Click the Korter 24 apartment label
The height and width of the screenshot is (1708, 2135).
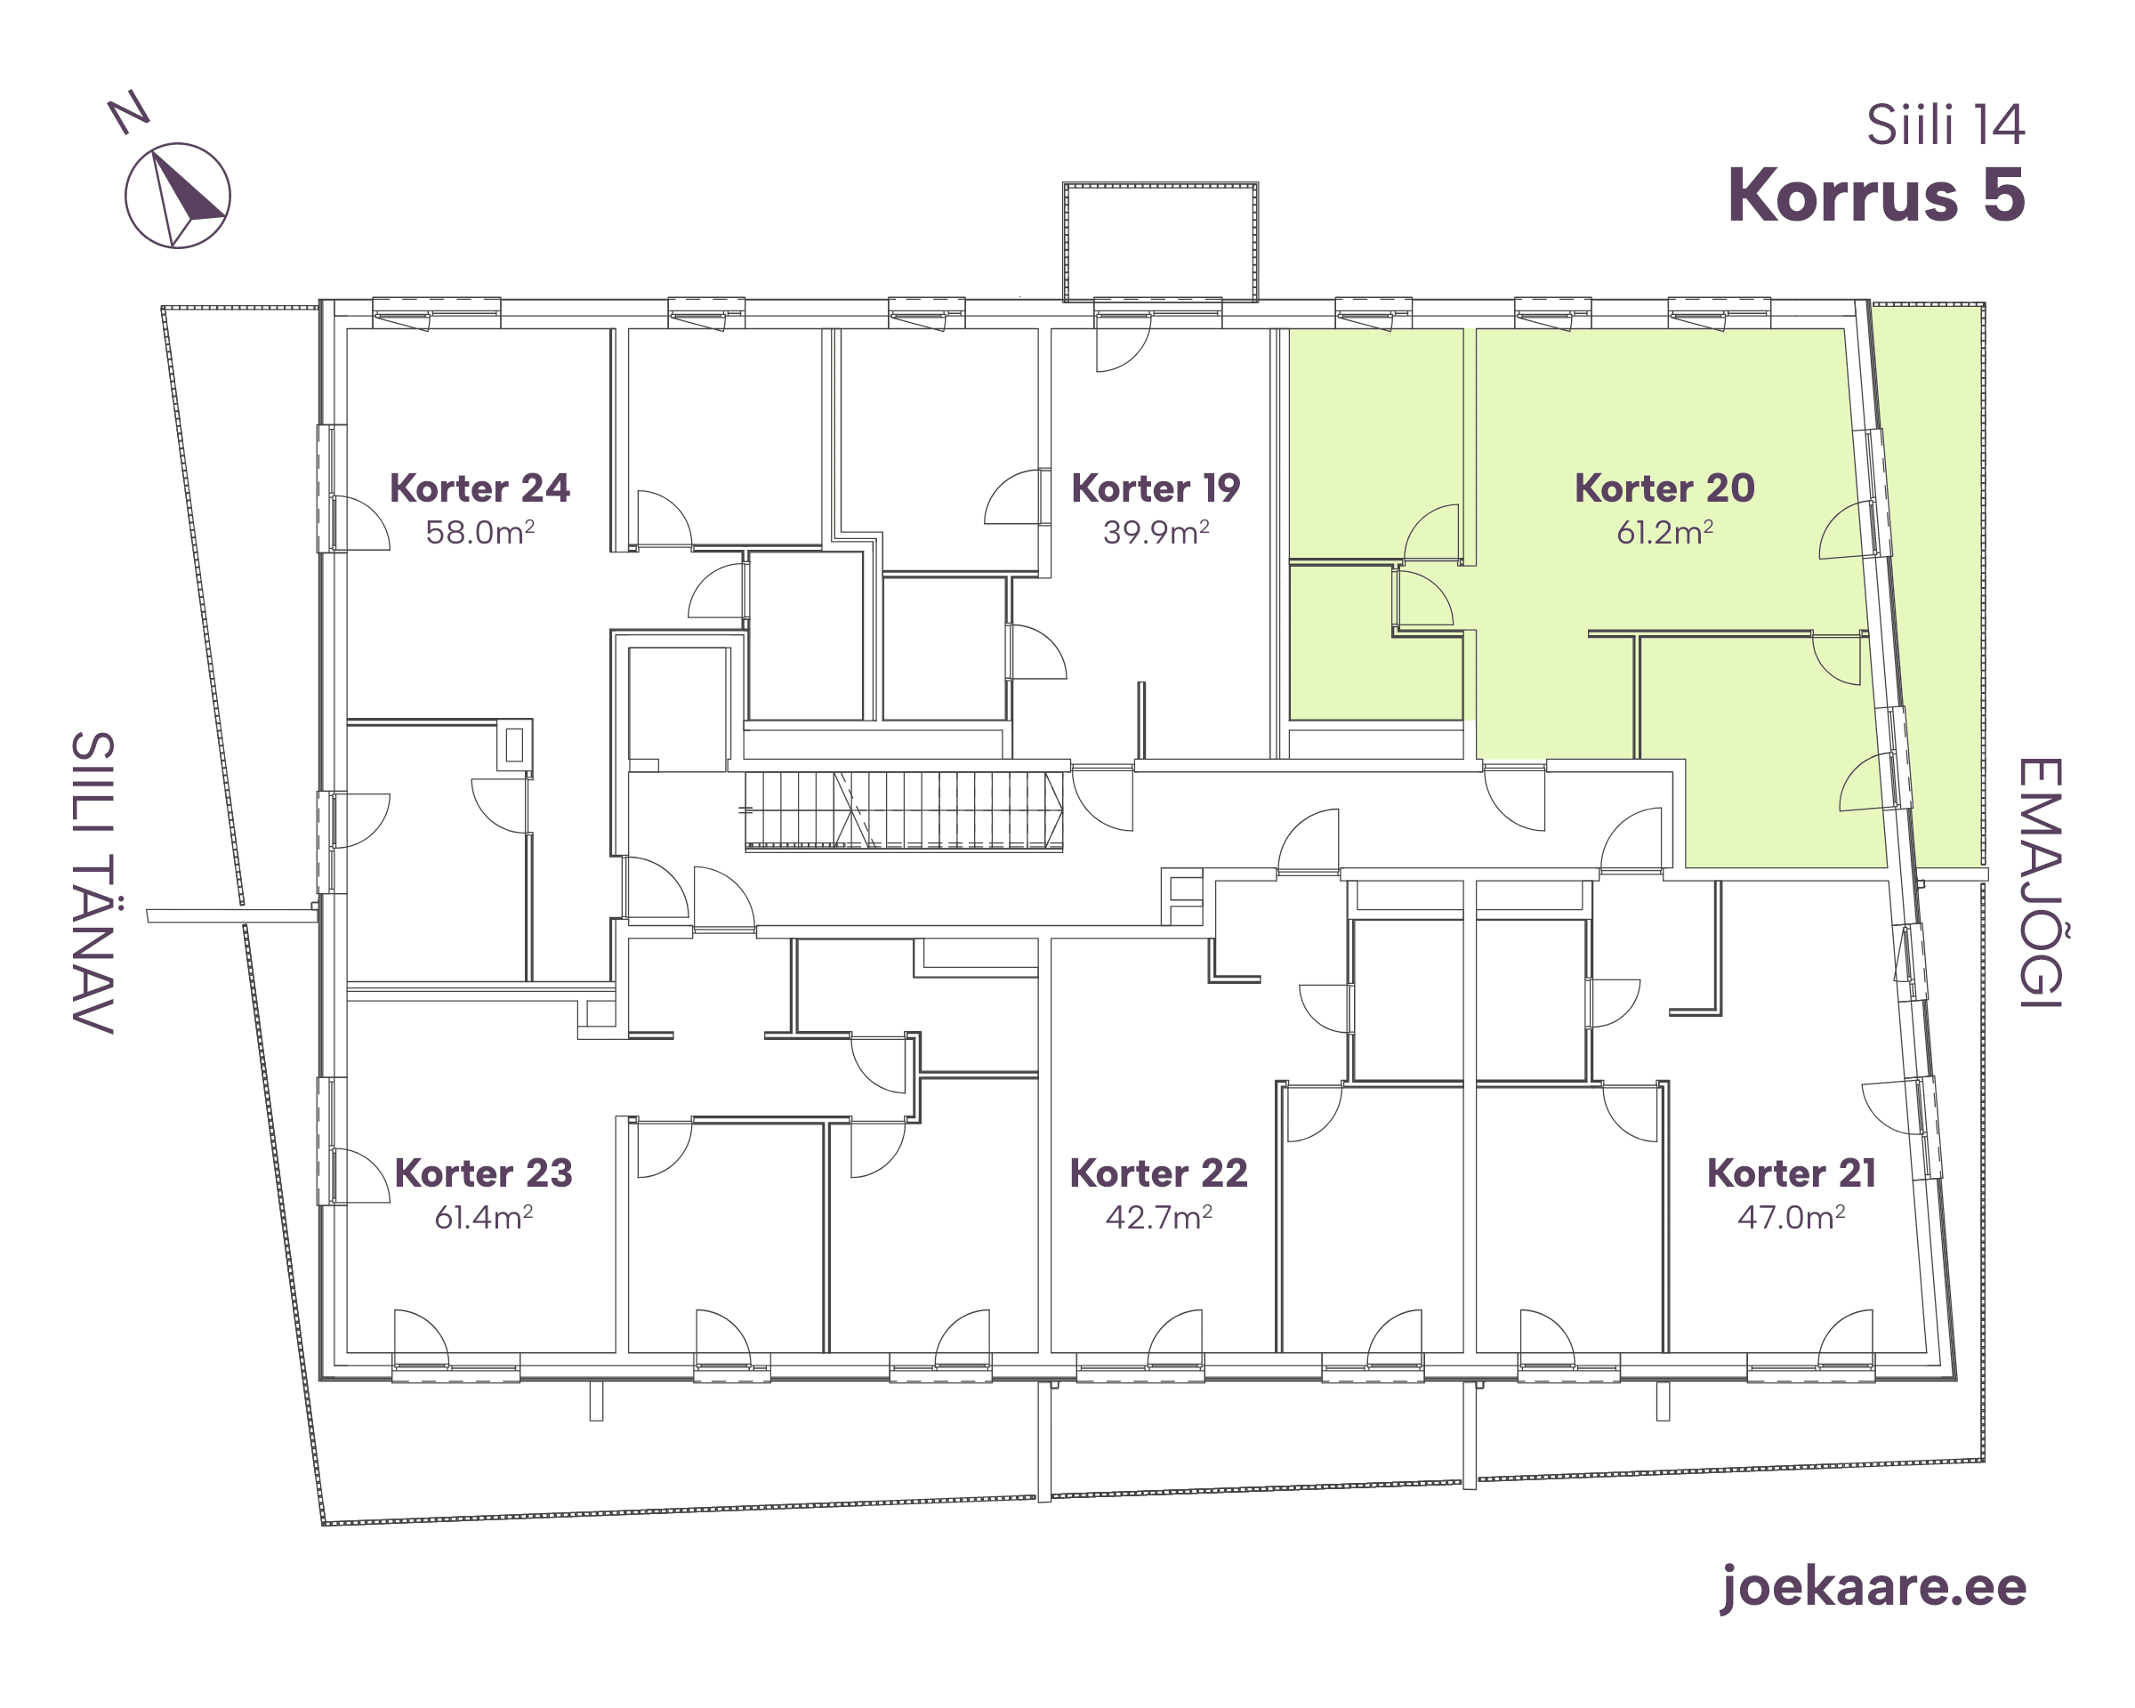pos(479,488)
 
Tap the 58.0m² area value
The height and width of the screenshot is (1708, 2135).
pos(480,533)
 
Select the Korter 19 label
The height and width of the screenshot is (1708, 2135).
pos(1156,488)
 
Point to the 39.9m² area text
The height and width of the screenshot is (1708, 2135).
pos(1156,533)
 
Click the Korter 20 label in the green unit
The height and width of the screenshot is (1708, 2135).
pos(1664,488)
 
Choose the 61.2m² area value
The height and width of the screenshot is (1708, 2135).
pos(1664,533)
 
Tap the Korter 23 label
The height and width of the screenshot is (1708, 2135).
pos(483,1173)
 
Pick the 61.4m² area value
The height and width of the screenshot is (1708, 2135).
pos(483,1217)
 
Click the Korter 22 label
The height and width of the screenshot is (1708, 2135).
pos(1158,1173)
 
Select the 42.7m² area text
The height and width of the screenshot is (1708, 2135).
pos(1158,1217)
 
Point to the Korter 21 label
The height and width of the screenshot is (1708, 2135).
pos(1792,1173)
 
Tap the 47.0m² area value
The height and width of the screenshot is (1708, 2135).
pos(1792,1217)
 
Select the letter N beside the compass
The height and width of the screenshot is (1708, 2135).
pos(129,112)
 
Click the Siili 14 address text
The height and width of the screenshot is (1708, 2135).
pos(1946,125)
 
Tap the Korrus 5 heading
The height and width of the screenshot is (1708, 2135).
pos(1876,196)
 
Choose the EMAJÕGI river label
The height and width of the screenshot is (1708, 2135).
pos(2040,883)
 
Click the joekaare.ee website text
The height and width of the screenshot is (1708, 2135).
pos(1873,1587)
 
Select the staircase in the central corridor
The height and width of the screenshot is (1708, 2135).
pos(904,811)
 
